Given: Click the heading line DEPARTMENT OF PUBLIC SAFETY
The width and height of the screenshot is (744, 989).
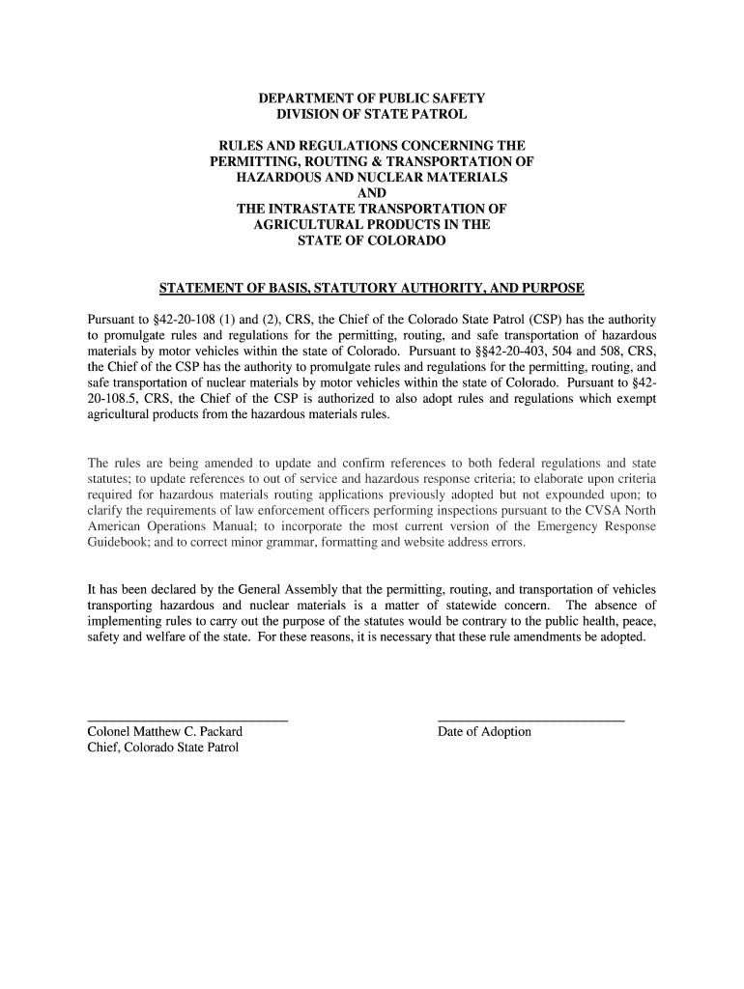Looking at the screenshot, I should (371, 99).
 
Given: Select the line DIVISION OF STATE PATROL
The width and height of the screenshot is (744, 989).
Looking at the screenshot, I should (371, 115).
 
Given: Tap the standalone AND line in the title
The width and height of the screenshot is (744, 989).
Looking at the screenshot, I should (371, 193).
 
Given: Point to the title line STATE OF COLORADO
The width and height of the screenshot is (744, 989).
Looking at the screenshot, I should (371, 240).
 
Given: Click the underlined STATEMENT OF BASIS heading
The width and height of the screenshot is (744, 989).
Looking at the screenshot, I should (371, 288).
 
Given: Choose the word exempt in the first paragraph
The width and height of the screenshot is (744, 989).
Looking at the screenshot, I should (634, 398).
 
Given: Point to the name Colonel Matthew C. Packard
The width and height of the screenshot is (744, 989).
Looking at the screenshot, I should (164, 732).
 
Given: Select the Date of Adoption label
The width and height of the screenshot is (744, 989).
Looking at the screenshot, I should (484, 732).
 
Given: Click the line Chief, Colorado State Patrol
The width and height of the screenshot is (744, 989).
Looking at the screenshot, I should (162, 748).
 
